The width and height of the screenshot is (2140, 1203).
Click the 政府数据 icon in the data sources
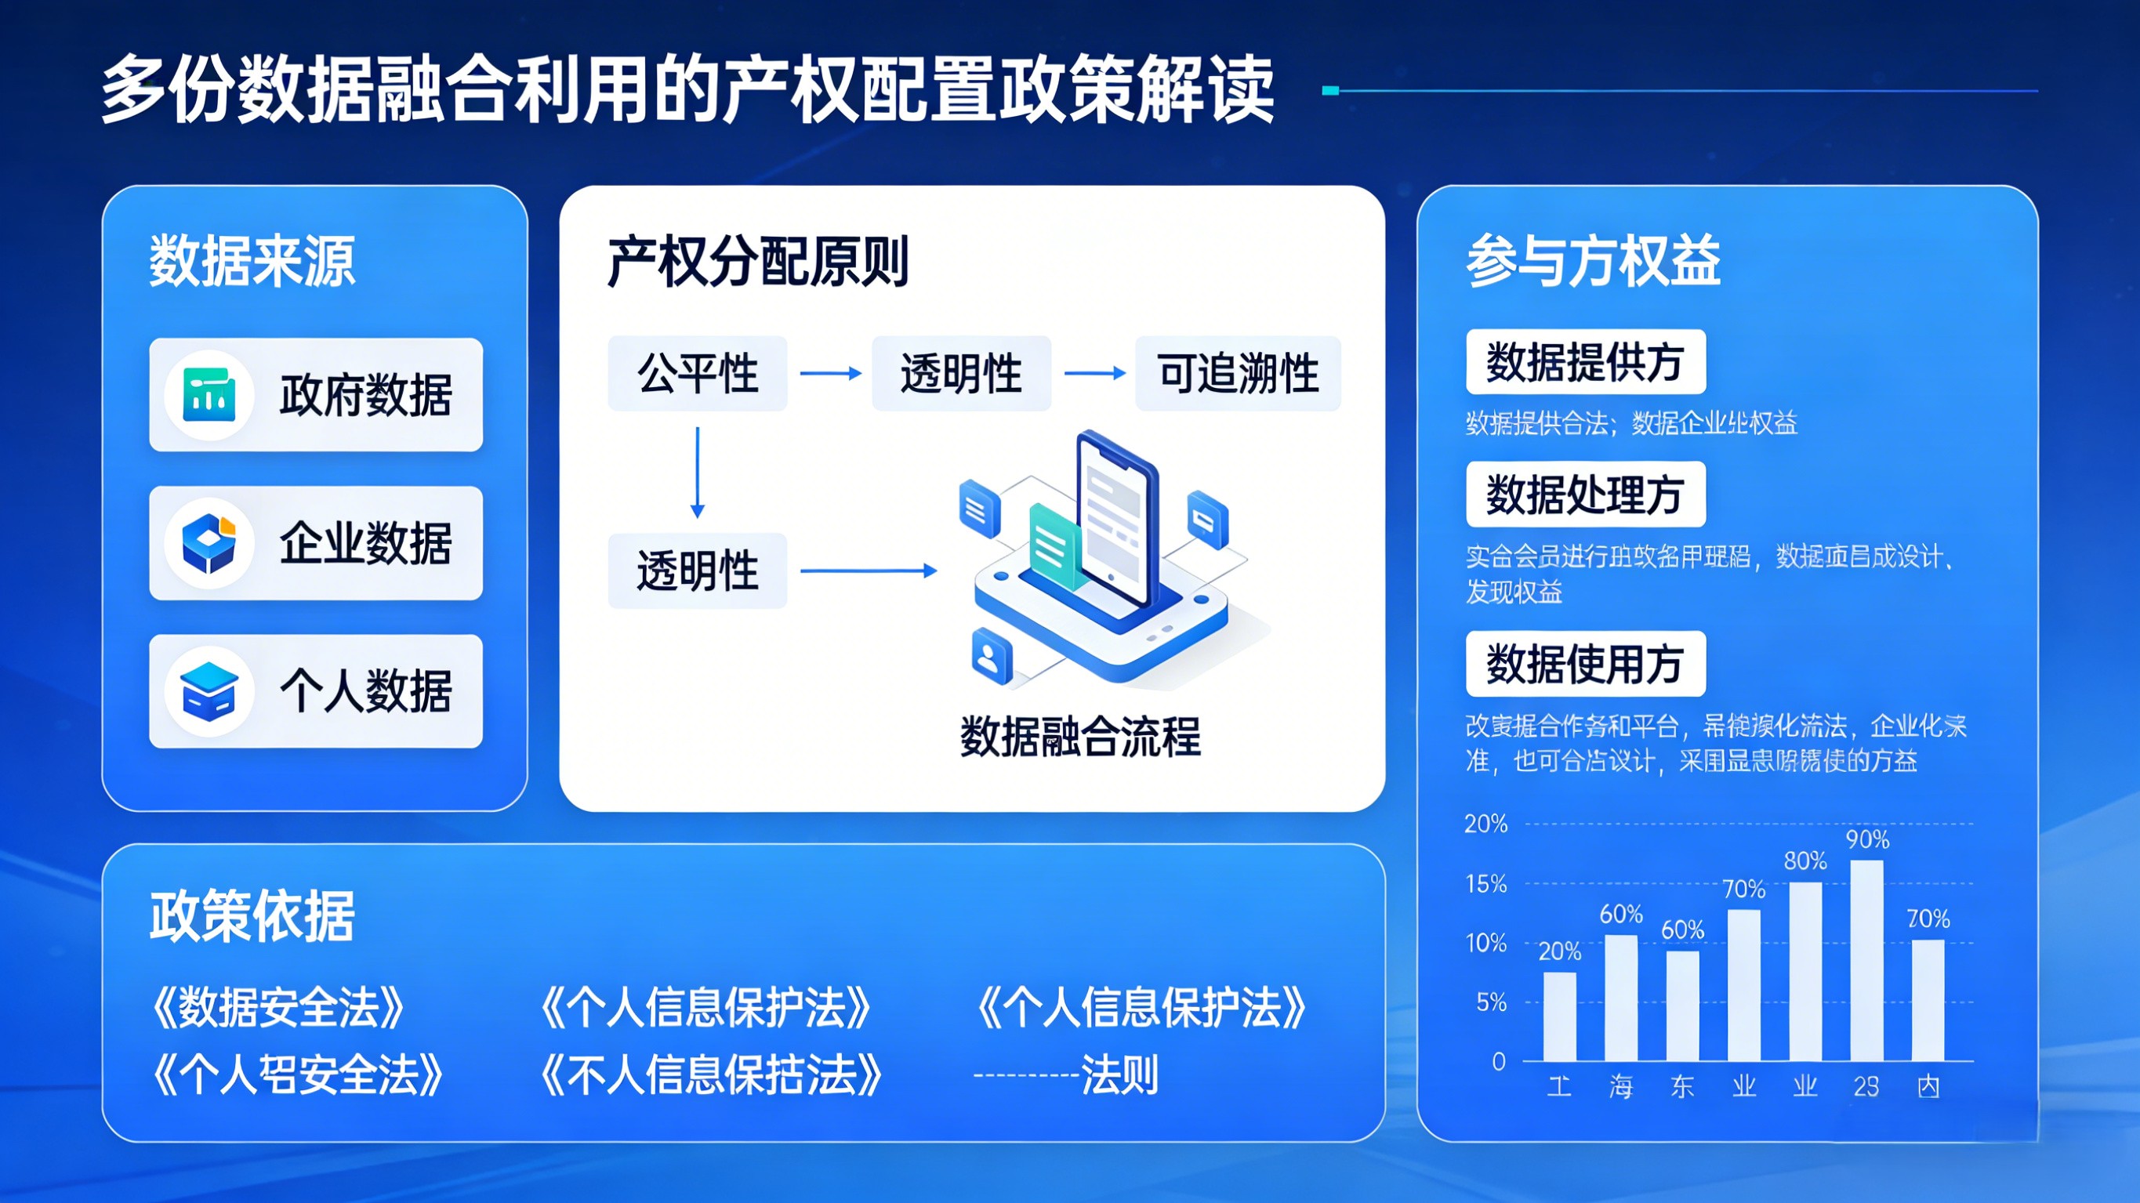pyautogui.click(x=209, y=395)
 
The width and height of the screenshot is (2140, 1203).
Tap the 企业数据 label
pyautogui.click(x=365, y=543)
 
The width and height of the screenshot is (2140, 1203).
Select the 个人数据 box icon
pyautogui.click(x=209, y=691)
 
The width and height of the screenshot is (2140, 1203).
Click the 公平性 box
pyautogui.click(x=697, y=373)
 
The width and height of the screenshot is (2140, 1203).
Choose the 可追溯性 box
pyautogui.click(x=1237, y=373)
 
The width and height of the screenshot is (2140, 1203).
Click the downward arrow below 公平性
pyautogui.click(x=698, y=472)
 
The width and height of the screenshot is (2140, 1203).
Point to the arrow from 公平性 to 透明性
pyautogui.click(x=830, y=374)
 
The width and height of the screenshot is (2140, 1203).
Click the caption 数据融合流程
pyautogui.click(x=1080, y=736)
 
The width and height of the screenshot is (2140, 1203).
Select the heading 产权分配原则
pyautogui.click(x=758, y=263)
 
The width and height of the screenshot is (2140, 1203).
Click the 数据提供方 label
pyautogui.click(x=1585, y=362)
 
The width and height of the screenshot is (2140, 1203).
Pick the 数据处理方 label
pyautogui.click(x=1585, y=495)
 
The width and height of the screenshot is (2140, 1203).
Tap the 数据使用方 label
pyautogui.click(x=1585, y=664)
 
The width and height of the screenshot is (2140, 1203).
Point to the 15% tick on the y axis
pyautogui.click(x=1485, y=883)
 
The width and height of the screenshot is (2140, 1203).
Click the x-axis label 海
pyautogui.click(x=1621, y=1086)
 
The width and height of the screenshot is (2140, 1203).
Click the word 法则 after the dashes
pyautogui.click(x=1119, y=1075)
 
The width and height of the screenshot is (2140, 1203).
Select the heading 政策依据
pyautogui.click(x=252, y=915)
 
